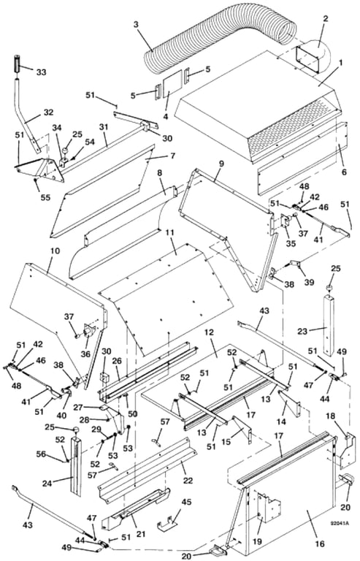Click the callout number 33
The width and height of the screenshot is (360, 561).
(x=41, y=72)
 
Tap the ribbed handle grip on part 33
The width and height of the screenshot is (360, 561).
(x=17, y=64)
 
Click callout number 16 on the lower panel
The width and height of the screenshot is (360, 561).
(x=320, y=543)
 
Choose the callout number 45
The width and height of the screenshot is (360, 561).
(x=186, y=502)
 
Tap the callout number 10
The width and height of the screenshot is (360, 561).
(x=55, y=251)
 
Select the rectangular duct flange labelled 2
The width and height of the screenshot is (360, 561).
(x=307, y=60)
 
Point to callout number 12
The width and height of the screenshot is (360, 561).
(x=209, y=332)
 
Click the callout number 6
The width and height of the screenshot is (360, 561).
(x=344, y=172)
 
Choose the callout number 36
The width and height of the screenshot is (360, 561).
(x=85, y=354)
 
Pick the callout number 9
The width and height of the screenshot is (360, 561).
(x=221, y=164)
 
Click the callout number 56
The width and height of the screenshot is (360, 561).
(x=41, y=454)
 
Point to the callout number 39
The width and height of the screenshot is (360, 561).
(x=309, y=281)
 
